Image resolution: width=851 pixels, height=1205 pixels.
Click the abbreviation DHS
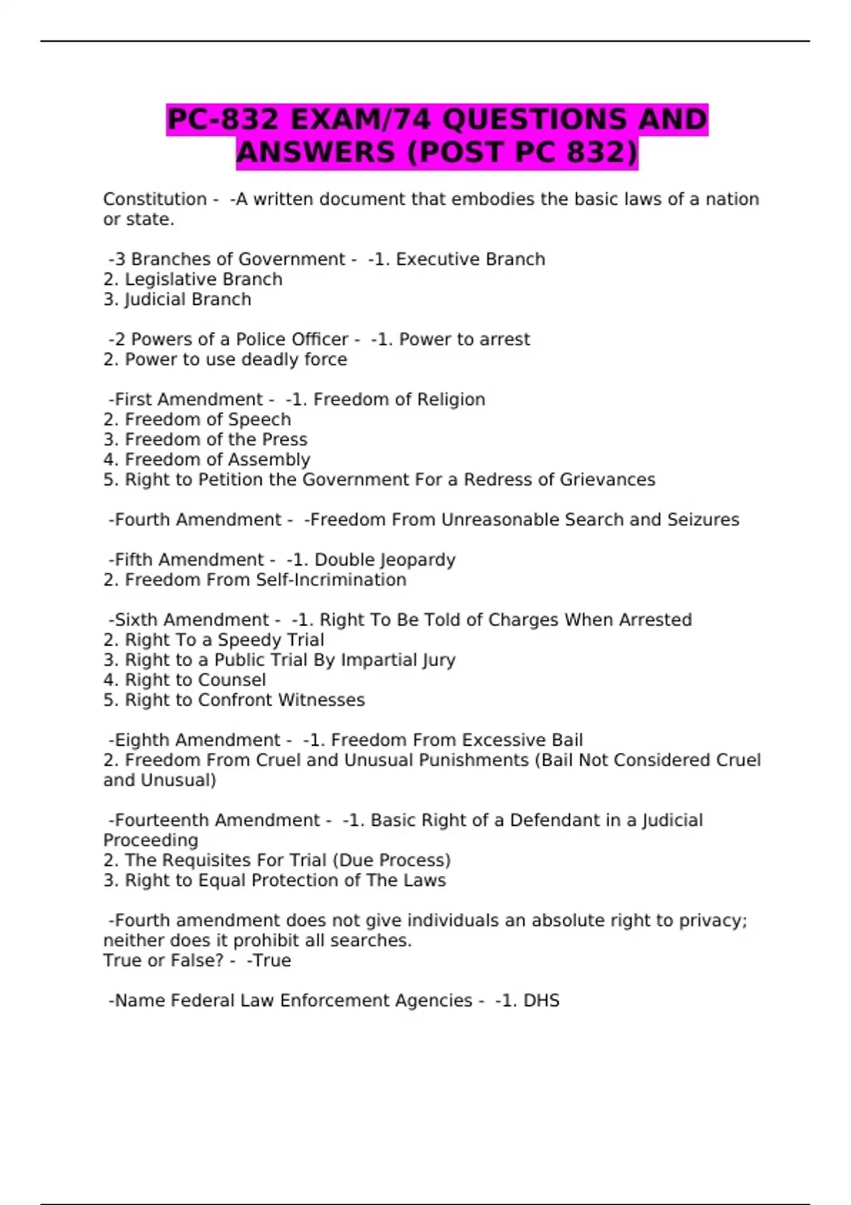pos(541,1001)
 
